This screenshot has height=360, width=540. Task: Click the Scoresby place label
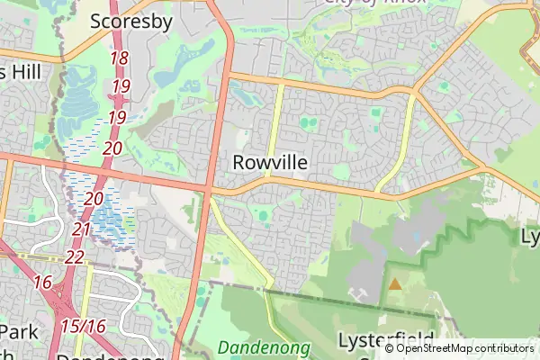pyautogui.click(x=131, y=22)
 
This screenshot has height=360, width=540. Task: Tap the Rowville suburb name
pyautogui.click(x=270, y=163)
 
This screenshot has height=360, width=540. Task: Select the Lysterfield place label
pyautogui.click(x=379, y=340)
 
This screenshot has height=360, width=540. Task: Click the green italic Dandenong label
pyautogui.click(x=264, y=346)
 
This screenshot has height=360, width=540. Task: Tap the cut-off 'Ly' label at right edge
pyautogui.click(x=530, y=237)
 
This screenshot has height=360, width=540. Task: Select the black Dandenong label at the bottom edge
pyautogui.click(x=99, y=355)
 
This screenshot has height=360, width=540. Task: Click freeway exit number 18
pyautogui.click(x=119, y=58)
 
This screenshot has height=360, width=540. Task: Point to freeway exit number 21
pyautogui.click(x=81, y=229)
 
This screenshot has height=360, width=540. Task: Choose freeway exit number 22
pyautogui.click(x=75, y=257)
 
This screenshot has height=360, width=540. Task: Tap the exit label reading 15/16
pyautogui.click(x=84, y=325)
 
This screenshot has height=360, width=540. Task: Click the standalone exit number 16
pyautogui.click(x=42, y=283)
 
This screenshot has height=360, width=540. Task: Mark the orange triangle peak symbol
pyautogui.click(x=394, y=284)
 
